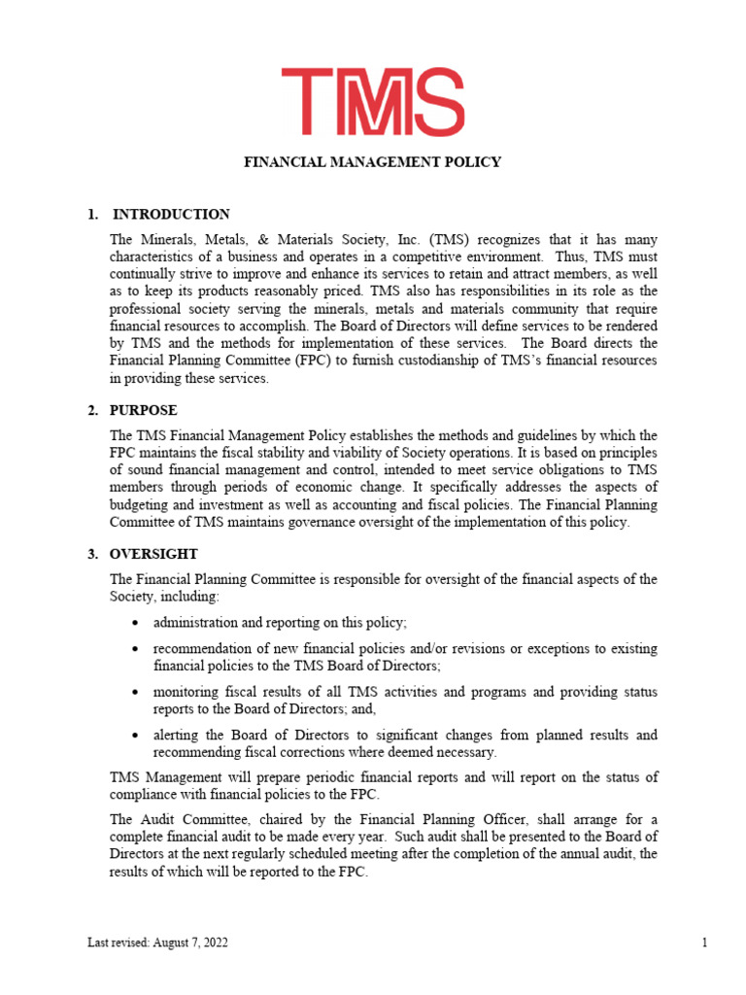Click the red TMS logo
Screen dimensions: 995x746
373,102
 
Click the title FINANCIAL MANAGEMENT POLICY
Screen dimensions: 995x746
372,162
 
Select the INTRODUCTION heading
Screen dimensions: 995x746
171,215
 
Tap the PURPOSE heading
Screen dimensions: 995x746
143,411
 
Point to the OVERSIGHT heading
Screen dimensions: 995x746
153,555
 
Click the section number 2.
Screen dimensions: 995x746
92,411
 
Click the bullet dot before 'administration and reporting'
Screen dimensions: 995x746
132,622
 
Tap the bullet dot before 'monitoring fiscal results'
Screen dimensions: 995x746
132,692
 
